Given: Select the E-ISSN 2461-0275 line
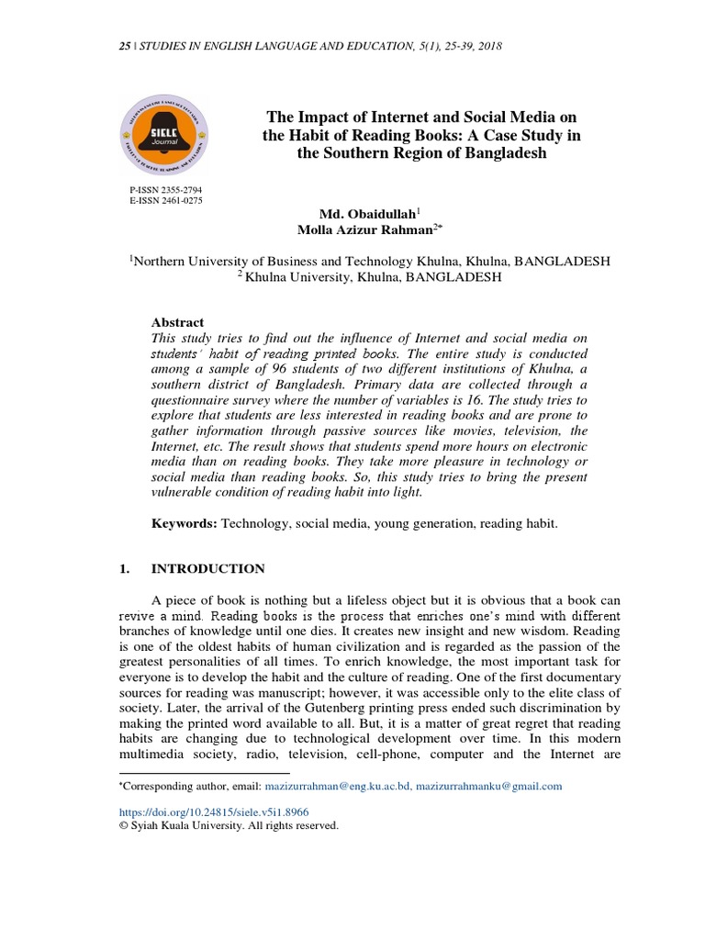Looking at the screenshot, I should (x=166, y=200).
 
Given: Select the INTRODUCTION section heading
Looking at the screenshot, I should (x=207, y=569).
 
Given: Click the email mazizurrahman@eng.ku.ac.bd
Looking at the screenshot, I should (x=337, y=787).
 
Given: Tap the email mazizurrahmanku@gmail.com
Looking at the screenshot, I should (x=489, y=787).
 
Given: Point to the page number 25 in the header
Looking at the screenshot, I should (x=126, y=45).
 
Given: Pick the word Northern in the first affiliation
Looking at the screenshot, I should (x=166, y=261).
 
